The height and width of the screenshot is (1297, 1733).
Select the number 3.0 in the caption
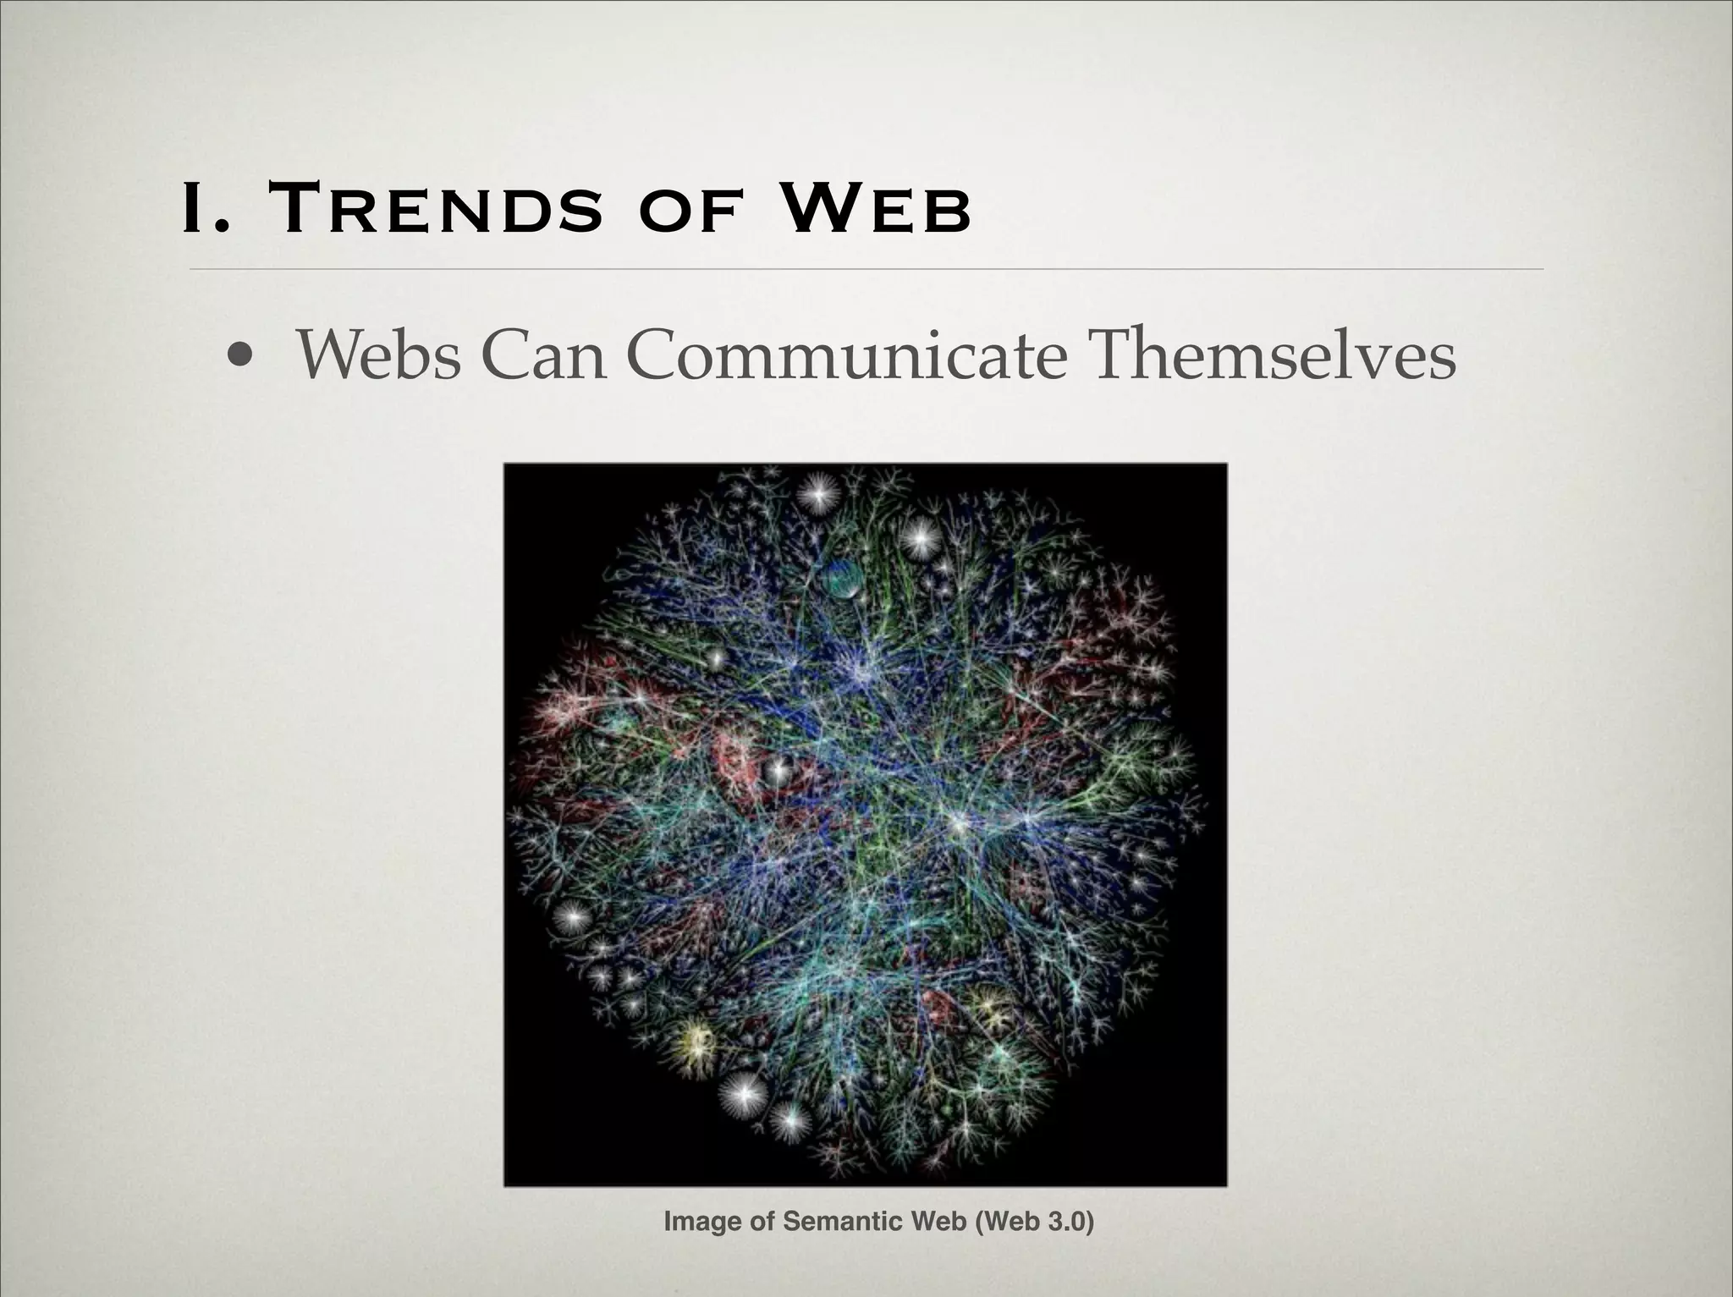(1065, 1222)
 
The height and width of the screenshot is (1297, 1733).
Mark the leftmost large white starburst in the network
(574, 916)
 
